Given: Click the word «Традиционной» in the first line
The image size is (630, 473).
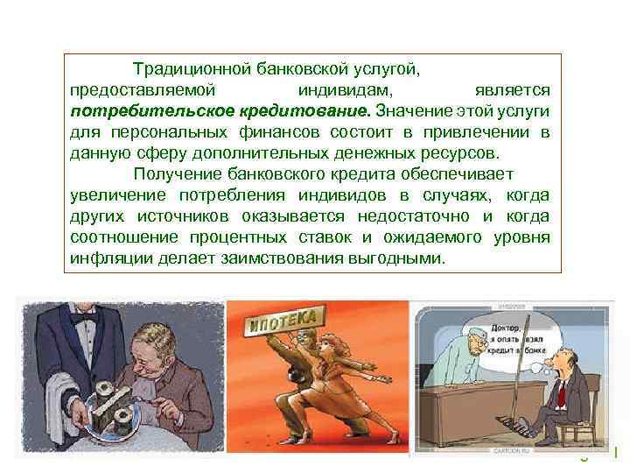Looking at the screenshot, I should (184, 67).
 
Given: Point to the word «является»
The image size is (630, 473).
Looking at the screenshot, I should (512, 89).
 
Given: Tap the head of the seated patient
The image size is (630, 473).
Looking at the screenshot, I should (558, 360).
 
